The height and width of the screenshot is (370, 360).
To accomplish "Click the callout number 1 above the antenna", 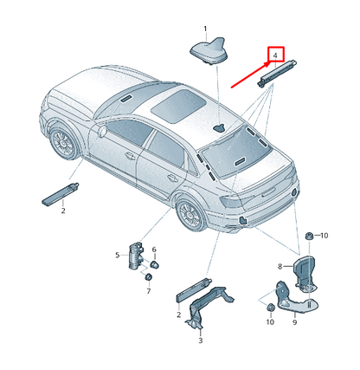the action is point(205,29).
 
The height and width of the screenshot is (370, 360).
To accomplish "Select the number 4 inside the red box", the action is point(275,55).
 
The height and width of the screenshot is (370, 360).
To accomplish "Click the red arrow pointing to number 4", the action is point(250,74).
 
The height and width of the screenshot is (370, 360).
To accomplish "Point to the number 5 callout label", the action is point(118,255).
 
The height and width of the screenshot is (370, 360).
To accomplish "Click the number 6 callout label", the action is point(154,250).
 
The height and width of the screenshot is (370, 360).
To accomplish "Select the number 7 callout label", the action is point(149,291).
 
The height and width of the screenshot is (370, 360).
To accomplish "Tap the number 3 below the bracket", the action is point(201,341).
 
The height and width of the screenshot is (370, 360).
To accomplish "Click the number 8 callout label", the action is point(280,266).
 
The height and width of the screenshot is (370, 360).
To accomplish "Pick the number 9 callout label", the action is point(295,322).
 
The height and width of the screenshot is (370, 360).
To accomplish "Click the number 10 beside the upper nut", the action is point(325,236).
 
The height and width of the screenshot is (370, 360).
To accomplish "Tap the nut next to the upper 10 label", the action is point(310,236).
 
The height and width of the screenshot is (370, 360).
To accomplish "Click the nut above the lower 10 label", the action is point(271,308).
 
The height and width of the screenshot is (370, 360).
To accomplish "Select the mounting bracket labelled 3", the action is point(209,306).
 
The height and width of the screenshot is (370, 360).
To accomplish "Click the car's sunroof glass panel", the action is point(179,106).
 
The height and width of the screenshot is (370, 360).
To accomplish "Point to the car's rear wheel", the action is point(190,214).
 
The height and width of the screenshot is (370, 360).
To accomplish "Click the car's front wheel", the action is point(64,143).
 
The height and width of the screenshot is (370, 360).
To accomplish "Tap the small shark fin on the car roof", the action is point(221,128).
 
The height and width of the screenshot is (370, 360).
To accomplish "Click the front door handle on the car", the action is point(130,156).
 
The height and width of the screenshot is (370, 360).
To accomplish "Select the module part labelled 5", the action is point(136,256).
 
